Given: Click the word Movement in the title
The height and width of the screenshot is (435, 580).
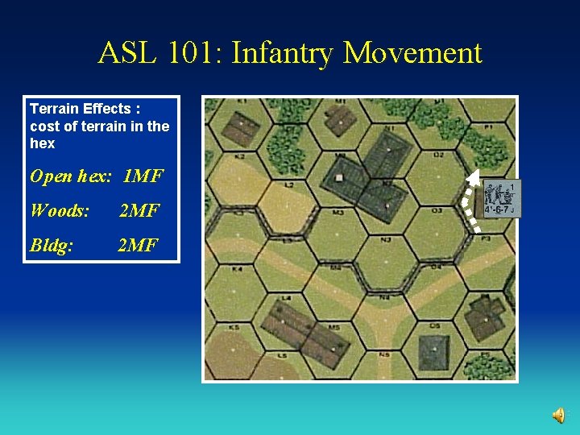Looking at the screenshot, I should point(412,53).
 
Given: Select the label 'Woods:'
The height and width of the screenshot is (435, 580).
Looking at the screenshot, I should point(60,211).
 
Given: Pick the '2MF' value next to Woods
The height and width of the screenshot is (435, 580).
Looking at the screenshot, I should point(139,211).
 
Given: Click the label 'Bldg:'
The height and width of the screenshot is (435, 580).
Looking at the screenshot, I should point(52,245).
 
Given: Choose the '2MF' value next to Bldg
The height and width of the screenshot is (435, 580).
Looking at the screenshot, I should point(138,245).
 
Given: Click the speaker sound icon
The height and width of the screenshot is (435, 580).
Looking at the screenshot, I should point(558,415).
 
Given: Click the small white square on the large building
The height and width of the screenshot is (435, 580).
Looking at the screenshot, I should point(339,177).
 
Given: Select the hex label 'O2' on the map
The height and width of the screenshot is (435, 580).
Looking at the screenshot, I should point(438,155).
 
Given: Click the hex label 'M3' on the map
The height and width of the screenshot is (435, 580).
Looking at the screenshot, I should point(338,213).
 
